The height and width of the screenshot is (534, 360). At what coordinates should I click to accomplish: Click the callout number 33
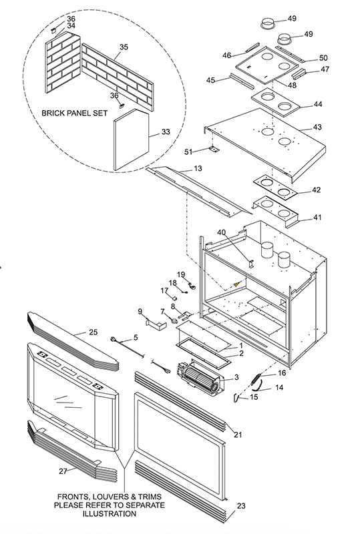point(166,131)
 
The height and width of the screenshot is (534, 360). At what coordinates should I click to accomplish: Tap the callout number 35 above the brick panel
point(124,47)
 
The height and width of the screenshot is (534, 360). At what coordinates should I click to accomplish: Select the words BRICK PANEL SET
point(75,113)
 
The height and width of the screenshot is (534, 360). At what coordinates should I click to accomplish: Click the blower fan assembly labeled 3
point(200,378)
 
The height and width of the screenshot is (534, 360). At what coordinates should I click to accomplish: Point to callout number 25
point(93,332)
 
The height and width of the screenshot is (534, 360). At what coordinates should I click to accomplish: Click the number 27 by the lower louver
point(63,471)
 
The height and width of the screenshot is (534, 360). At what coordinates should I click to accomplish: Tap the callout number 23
point(241,506)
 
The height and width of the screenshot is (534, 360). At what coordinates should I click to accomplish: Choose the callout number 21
point(238,435)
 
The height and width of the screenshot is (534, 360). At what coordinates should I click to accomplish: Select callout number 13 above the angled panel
point(198,168)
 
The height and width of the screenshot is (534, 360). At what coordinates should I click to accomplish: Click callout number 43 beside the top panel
point(317,127)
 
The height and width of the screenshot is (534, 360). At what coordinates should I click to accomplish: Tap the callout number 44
point(318,104)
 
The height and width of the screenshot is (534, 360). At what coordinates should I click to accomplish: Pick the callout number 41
point(317,217)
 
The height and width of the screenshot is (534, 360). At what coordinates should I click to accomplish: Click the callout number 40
point(221,232)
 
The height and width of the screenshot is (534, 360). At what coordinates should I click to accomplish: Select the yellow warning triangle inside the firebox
point(236,284)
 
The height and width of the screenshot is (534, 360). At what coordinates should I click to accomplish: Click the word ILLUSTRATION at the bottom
point(110,513)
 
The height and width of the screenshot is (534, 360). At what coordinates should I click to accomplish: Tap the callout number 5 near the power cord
point(136,338)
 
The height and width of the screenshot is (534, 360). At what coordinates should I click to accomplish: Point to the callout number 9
point(140,311)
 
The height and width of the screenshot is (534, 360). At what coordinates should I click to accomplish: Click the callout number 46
point(226,55)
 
